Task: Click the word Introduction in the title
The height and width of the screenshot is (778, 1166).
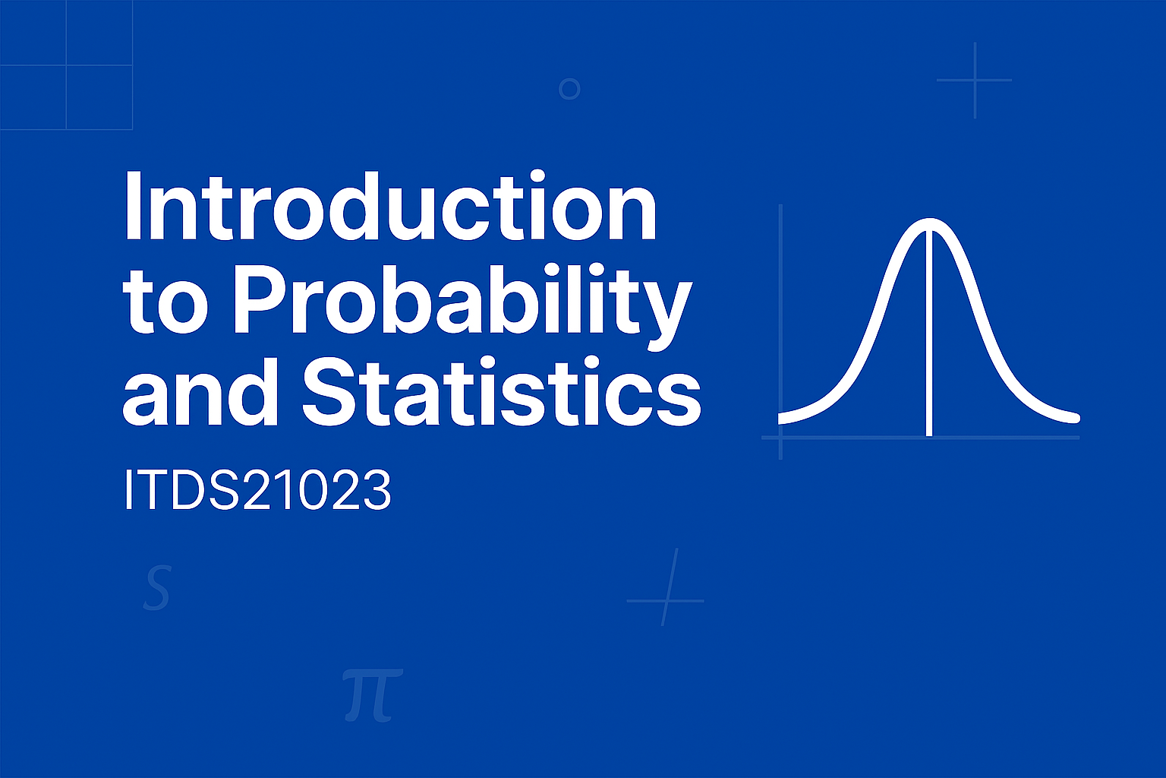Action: (390, 206)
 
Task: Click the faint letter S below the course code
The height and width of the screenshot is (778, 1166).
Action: (157, 587)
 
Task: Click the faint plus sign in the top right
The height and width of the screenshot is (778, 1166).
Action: (975, 81)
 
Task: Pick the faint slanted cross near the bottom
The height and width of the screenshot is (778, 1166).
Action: (667, 600)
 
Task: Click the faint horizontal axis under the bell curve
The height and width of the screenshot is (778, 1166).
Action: (920, 438)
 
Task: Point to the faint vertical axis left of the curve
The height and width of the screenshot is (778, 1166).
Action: (780, 332)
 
